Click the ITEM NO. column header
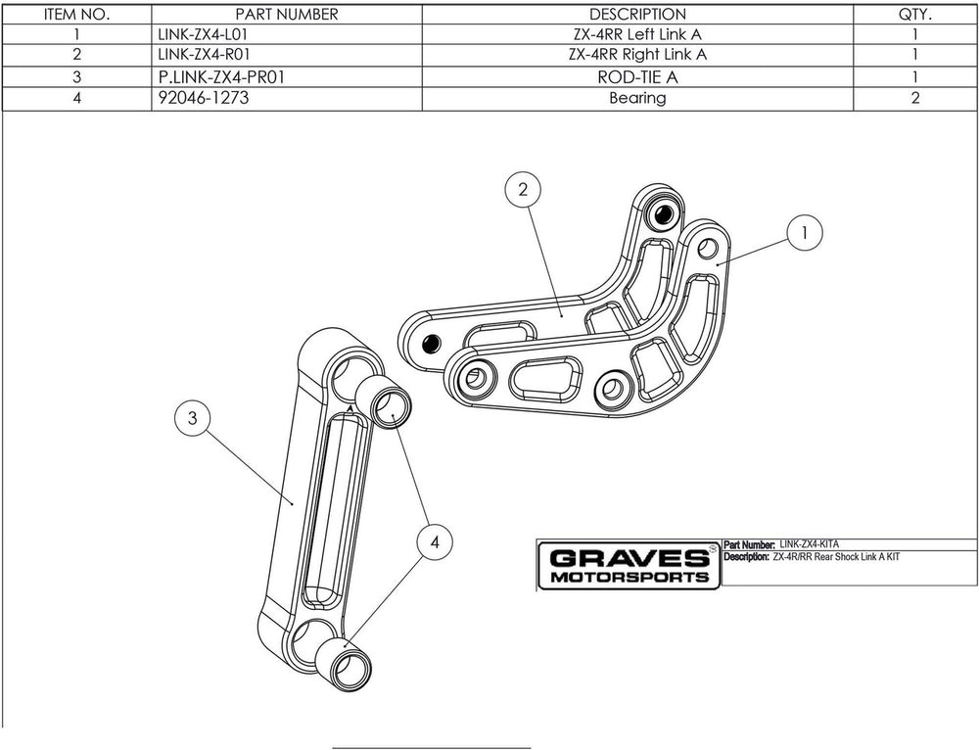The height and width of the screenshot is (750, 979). click(77, 15)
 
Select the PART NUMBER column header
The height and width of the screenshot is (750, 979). click(287, 15)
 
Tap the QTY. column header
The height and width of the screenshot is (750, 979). click(914, 15)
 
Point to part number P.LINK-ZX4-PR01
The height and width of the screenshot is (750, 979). click(220, 76)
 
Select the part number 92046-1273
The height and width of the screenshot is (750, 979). click(196, 98)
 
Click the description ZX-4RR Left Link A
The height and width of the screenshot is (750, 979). click(637, 34)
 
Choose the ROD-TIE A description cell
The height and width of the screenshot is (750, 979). click(637, 76)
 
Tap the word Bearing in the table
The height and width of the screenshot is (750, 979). click(637, 98)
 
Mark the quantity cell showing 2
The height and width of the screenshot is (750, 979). click(914, 98)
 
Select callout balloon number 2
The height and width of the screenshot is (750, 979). click(524, 189)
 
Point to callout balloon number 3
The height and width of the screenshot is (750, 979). click(193, 418)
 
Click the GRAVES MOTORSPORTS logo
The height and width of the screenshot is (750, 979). click(629, 566)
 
